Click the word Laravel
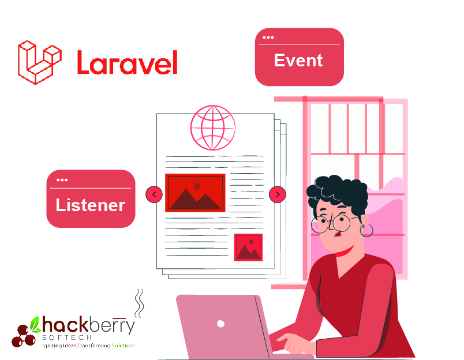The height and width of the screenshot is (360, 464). pyautogui.click(x=127, y=62)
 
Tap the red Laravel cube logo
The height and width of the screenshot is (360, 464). pyautogui.click(x=40, y=62)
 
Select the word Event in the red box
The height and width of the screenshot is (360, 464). pyautogui.click(x=298, y=61)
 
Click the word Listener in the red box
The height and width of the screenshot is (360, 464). pyautogui.click(x=90, y=205)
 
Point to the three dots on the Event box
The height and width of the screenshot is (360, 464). pyautogui.click(x=268, y=37)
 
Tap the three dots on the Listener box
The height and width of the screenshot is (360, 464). pyautogui.click(x=62, y=180)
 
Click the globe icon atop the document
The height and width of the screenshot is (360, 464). pyautogui.click(x=213, y=127)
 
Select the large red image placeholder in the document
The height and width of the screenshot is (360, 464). pyautogui.click(x=195, y=193)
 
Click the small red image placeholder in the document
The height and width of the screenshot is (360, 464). pyautogui.click(x=248, y=247)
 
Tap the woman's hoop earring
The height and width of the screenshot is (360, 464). pyautogui.click(x=366, y=230)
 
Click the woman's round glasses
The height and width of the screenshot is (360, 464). pyautogui.click(x=333, y=223)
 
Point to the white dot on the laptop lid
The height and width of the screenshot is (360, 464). pyautogui.click(x=220, y=324)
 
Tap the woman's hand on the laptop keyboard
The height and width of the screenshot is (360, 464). pyautogui.click(x=293, y=343)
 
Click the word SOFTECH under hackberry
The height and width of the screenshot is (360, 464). pyautogui.click(x=67, y=337)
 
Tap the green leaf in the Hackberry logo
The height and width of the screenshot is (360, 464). pyautogui.click(x=35, y=324)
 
